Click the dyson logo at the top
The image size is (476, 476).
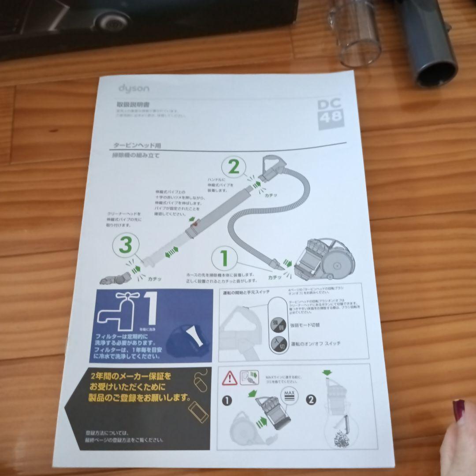(x=134, y=89)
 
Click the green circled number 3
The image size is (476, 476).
(x=126, y=245)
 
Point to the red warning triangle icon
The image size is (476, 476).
(x=230, y=378)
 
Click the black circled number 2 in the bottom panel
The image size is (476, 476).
(x=311, y=400)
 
